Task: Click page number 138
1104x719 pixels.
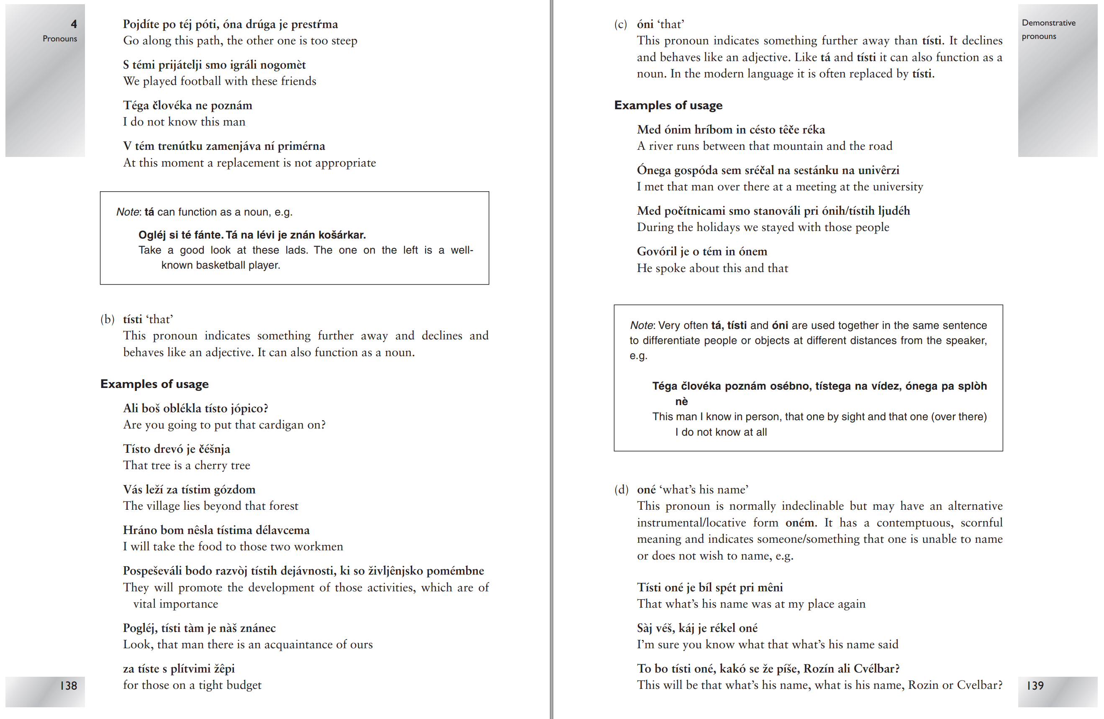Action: (x=69, y=685)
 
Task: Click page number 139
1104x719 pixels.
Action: (x=1035, y=685)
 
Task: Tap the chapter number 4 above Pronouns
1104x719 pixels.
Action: (x=74, y=24)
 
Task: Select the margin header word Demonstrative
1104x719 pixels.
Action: (x=1048, y=23)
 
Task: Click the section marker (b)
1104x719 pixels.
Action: (x=107, y=319)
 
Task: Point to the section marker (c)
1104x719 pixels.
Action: (x=621, y=24)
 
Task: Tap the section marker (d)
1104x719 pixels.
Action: (x=621, y=489)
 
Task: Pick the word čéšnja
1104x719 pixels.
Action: (x=214, y=449)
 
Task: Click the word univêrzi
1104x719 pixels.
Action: (x=878, y=170)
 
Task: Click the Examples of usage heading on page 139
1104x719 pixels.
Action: (x=668, y=105)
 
